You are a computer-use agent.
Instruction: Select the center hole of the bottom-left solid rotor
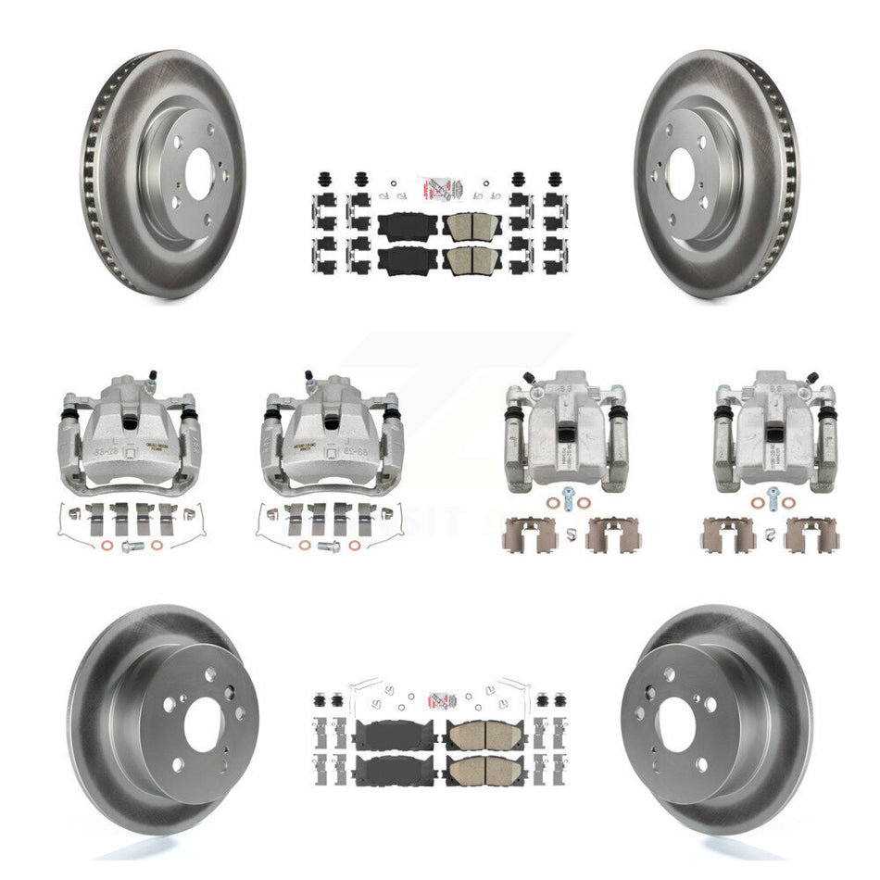tap(202, 725)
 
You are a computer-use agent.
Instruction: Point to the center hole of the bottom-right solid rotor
tap(678, 725)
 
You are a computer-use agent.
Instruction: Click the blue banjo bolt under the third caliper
tap(564, 492)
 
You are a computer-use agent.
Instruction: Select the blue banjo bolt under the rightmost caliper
tap(773, 492)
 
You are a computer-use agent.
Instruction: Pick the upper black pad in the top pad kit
tap(406, 226)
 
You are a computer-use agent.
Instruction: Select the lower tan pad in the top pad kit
tap(472, 260)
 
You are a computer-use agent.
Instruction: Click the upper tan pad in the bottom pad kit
tap(475, 735)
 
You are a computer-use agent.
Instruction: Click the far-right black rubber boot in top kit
tap(555, 178)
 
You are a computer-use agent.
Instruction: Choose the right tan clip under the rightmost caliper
tap(811, 534)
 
